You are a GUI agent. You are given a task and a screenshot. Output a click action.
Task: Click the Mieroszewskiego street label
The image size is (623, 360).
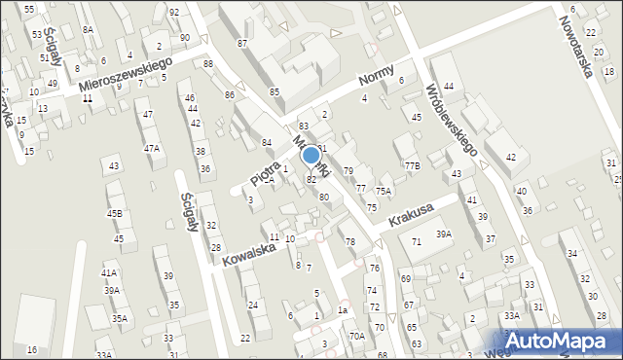click(x=126, y=75)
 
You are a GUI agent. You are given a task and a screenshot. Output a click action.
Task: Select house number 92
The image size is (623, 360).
click(x=173, y=13)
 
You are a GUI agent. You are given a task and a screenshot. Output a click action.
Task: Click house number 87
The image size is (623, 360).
click(x=241, y=45)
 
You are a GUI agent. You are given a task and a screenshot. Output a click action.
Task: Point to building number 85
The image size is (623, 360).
click(x=275, y=91)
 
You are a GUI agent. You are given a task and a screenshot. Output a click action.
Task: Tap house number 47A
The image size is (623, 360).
click(x=152, y=149)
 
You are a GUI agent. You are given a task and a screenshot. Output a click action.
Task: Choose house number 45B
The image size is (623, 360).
click(x=115, y=213)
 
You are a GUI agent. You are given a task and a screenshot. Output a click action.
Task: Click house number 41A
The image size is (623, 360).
click(x=109, y=273)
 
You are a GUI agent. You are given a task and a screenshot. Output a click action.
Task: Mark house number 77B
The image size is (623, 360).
click(x=413, y=166)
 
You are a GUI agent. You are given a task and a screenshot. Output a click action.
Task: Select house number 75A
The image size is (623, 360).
click(x=384, y=192)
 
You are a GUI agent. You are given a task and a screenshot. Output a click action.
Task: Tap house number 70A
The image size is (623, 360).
click(x=357, y=336)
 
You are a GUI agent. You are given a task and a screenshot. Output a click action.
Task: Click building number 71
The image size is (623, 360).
click(x=416, y=240)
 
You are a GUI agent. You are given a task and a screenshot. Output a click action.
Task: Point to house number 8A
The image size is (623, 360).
click(x=88, y=30)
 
